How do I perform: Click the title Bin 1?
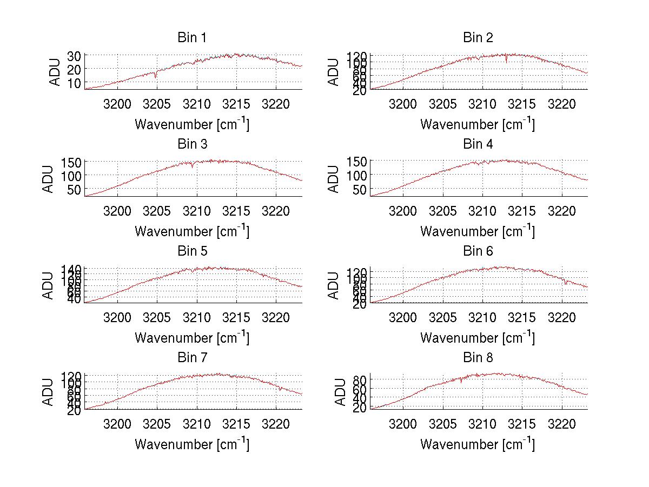coord(192,38)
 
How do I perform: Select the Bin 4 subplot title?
coord(478,144)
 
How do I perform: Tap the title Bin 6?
coord(478,251)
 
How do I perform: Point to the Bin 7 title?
coord(192,358)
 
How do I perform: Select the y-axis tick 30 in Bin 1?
coord(74,56)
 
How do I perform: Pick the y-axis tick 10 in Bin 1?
coord(74,83)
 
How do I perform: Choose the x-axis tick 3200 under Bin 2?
coord(403,104)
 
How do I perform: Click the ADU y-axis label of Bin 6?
coord(334,285)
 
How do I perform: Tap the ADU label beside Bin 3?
coord(48,179)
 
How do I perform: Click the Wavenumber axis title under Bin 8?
coord(478,444)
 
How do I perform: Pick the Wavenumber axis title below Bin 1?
coord(192,124)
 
